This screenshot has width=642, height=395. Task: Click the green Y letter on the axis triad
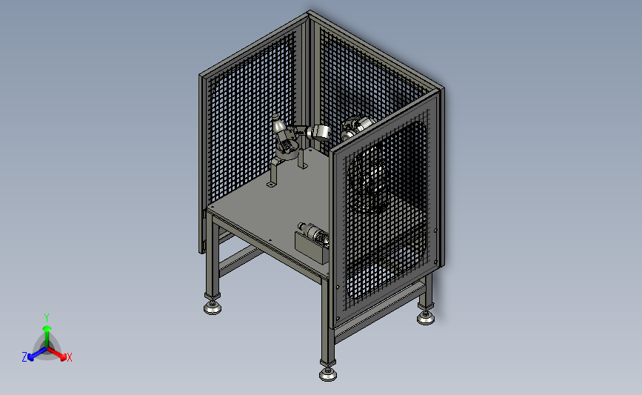click(47, 318)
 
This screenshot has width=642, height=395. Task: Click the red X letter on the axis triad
click(69, 357)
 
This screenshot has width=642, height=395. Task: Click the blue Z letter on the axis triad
click(24, 357)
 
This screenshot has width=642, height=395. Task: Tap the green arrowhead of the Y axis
click(47, 328)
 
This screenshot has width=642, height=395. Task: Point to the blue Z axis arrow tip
click(31, 358)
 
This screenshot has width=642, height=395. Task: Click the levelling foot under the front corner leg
click(328, 374)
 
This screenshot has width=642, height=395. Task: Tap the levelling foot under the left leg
click(213, 308)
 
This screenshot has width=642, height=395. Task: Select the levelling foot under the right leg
click(426, 318)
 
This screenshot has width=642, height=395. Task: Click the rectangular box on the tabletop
click(312, 248)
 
